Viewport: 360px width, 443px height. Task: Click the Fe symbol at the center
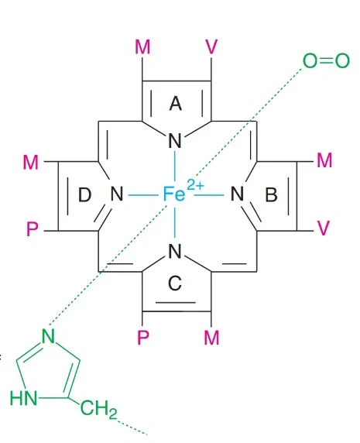point(174,194)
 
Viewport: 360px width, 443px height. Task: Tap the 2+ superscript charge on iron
point(195,186)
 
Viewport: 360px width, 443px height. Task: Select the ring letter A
point(175,104)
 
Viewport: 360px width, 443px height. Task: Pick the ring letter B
point(271,194)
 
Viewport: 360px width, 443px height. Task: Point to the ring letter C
point(175,283)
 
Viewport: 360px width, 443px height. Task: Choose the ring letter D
point(84,195)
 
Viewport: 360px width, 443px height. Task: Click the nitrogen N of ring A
point(175,141)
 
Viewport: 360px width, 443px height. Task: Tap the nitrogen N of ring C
point(175,251)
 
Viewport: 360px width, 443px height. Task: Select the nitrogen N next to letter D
point(117,194)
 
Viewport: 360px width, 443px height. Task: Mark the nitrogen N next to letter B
point(237,194)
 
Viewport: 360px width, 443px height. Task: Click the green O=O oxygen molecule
point(326,60)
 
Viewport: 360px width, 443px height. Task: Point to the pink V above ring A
point(212,46)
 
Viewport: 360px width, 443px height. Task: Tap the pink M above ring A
point(142,47)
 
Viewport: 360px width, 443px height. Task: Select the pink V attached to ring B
point(324,228)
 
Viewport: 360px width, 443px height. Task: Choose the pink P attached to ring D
point(32,228)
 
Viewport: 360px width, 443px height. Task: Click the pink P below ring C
point(143,338)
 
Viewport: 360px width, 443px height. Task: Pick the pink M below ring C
point(211,338)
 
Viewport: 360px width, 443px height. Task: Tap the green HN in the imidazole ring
point(24,398)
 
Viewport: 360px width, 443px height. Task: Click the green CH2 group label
point(98,408)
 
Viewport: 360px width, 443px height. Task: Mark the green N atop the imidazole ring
point(48,336)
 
